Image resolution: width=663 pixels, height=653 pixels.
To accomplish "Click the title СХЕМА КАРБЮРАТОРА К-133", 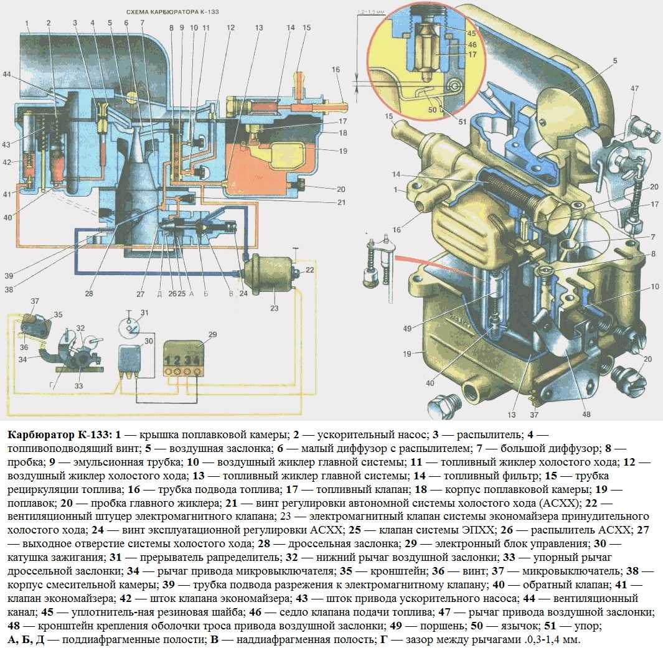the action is coord(172,11).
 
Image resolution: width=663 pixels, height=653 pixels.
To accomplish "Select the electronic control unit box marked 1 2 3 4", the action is coord(184,358).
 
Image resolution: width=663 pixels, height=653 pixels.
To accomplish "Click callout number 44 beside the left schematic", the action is coord(6,75).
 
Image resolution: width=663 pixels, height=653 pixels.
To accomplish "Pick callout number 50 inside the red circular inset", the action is coord(432,110).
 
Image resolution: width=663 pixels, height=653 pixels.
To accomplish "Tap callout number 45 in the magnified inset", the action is coord(471,34).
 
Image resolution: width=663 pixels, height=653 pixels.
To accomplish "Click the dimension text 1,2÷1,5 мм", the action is coord(371,12).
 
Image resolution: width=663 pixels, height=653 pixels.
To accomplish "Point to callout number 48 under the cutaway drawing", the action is coord(586,414).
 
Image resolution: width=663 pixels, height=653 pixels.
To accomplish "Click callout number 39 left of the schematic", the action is coord(9,276).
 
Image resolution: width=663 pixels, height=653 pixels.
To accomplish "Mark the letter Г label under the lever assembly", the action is coord(51,385).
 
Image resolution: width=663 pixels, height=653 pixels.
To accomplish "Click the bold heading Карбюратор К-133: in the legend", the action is coord(60,435).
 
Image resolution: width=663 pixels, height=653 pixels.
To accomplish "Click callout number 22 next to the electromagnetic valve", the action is coord(310,270).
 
